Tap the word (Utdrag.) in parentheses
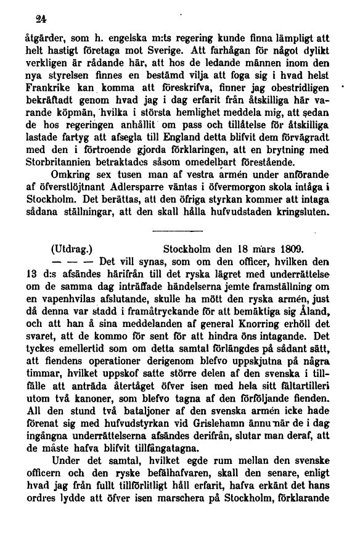[x=78, y=250]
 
